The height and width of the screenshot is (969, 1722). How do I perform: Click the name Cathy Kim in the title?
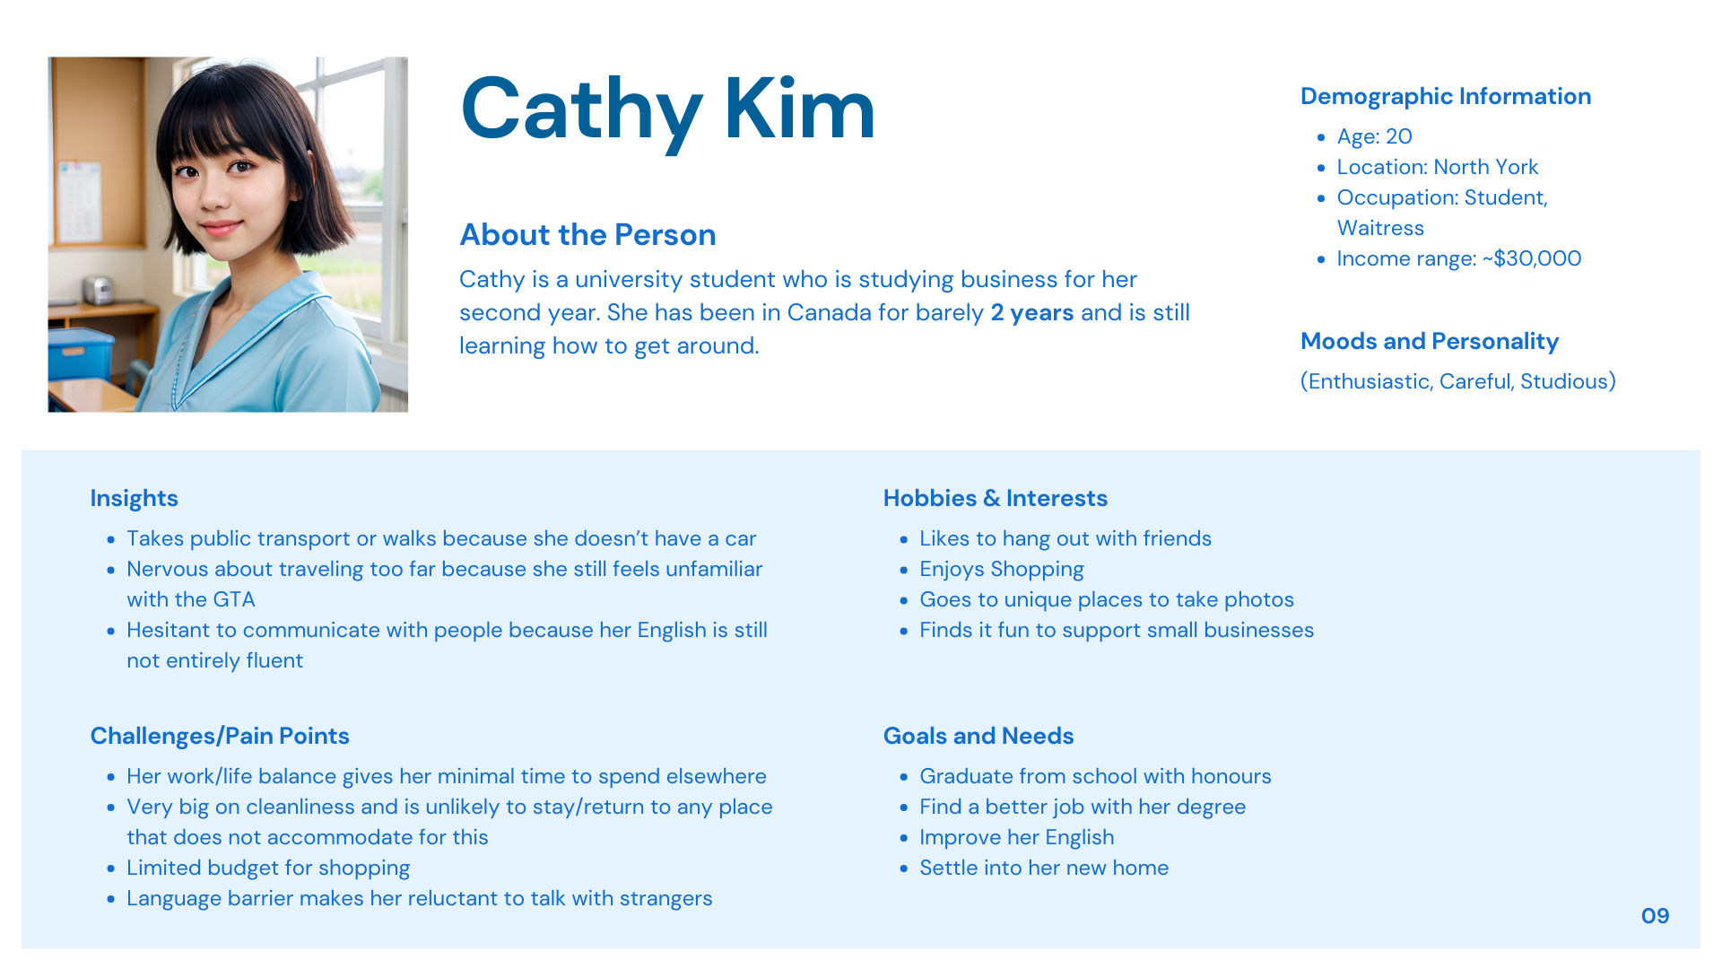667,109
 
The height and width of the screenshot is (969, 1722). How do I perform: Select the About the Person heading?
587,235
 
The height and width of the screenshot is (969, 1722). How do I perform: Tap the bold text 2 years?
1032,312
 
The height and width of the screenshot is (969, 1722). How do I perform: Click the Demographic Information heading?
1446,96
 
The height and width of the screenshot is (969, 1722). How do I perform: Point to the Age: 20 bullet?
1374,136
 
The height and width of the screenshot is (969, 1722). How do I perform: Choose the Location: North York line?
1437,167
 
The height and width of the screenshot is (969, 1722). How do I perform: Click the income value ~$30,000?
1532,258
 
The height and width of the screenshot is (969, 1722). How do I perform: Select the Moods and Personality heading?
1430,341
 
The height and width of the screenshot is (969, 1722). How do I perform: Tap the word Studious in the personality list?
1564,381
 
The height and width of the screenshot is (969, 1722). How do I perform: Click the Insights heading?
134,498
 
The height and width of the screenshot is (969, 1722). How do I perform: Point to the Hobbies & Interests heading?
995,498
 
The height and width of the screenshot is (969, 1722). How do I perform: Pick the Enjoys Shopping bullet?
1001,569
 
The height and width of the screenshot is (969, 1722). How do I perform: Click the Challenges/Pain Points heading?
220,736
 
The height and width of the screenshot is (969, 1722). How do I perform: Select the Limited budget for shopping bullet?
268,868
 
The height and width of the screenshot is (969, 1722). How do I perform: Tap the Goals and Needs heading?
978,736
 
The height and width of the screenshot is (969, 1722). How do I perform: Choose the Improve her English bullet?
1016,837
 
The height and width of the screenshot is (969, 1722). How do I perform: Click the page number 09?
1655,916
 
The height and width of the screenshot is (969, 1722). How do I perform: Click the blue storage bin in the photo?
80,356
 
